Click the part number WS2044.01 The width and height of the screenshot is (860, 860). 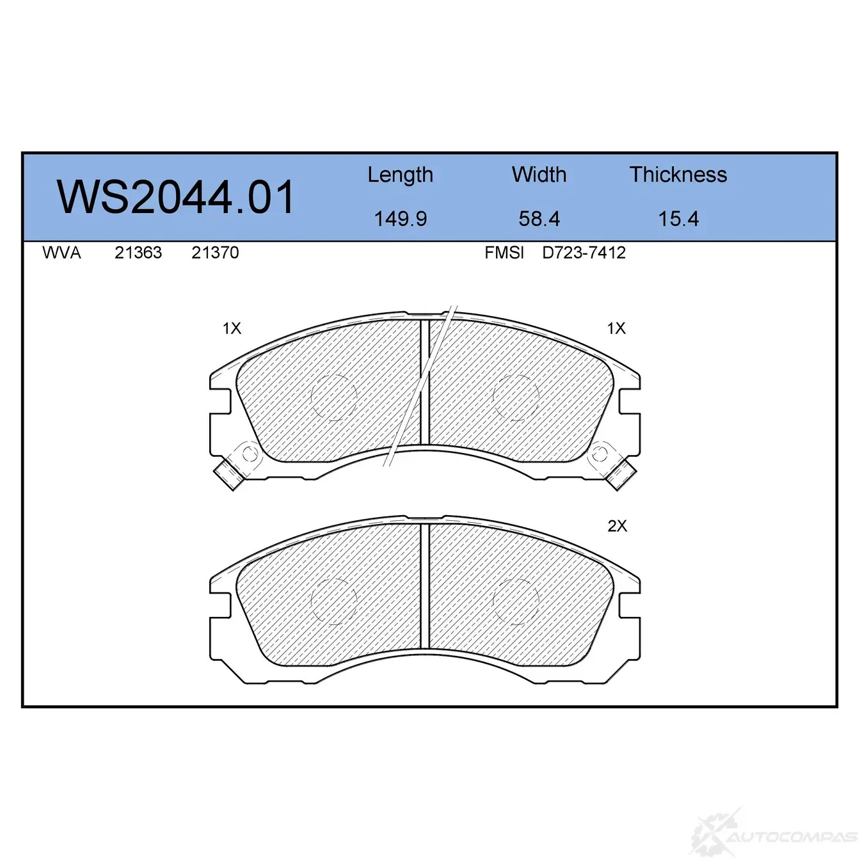point(175,197)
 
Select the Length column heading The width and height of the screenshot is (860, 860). point(400,175)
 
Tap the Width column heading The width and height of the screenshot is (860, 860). point(539,175)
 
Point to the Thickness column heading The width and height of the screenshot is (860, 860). point(678,175)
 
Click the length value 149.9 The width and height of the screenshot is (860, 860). point(401,219)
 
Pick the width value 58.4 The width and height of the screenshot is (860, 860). point(539,219)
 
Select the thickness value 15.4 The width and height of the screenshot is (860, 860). point(678,219)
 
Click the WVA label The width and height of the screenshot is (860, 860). point(61,253)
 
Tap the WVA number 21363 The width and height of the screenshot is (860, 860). point(138,253)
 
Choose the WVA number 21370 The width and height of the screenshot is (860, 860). point(215,253)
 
